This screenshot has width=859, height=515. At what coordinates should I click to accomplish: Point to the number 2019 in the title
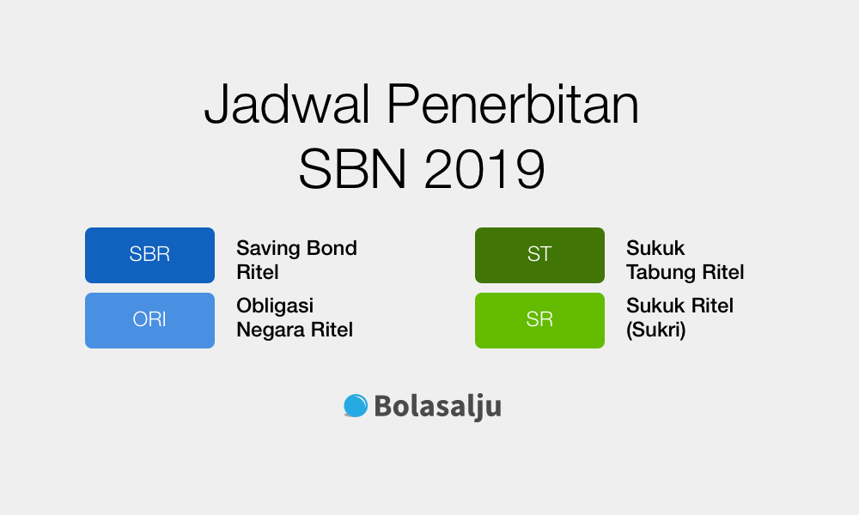point(484,169)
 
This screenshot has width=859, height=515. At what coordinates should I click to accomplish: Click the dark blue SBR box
point(149,255)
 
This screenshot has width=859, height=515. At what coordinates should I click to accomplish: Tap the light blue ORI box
point(149,320)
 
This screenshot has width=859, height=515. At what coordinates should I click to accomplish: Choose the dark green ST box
point(539,255)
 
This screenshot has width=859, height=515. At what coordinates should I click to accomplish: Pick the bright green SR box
point(539,320)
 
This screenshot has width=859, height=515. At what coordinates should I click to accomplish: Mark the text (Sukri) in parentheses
point(656,330)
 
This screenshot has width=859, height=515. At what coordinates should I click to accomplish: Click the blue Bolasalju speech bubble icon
point(356,405)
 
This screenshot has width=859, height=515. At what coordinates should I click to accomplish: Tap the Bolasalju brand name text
point(437,406)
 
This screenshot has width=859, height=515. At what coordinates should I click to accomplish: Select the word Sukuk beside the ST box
point(655,249)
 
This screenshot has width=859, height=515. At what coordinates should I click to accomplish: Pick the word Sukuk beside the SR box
point(655,306)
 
